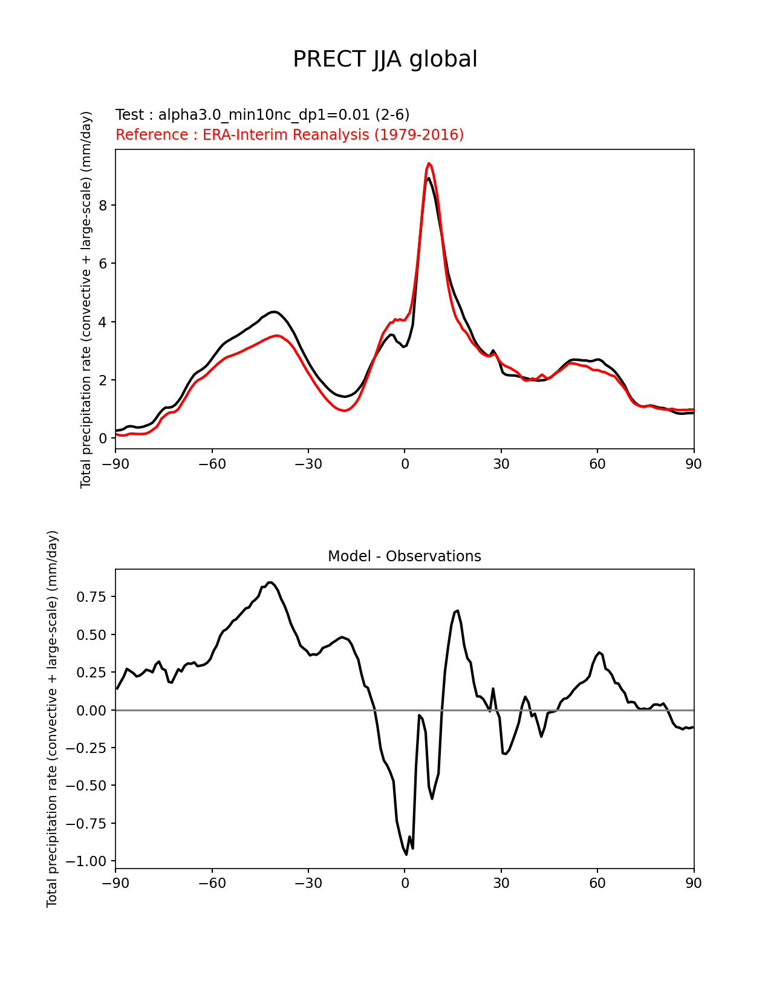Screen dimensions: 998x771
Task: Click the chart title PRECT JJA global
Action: coord(385,59)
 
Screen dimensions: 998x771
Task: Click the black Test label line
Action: coord(262,115)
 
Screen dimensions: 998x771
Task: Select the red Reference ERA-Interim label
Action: coord(290,135)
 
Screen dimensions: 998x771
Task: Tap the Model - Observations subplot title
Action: coord(404,556)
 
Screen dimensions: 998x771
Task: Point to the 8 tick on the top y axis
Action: coord(103,206)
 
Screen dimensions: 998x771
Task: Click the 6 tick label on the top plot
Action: coord(103,264)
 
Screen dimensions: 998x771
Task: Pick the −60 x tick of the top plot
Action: coord(212,464)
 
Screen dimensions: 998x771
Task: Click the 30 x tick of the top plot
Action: coord(501,464)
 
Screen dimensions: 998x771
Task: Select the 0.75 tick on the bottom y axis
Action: coord(91,597)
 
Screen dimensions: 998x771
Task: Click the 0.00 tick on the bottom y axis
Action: coord(91,710)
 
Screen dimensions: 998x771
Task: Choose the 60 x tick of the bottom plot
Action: coord(597,883)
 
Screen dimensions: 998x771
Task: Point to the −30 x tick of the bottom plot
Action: coord(308,883)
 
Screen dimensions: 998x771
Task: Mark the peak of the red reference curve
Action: coord(429,163)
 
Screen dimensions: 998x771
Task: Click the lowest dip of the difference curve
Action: coord(406,854)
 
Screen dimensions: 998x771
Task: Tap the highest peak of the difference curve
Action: coord(270,582)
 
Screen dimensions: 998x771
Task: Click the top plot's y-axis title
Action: coord(86,299)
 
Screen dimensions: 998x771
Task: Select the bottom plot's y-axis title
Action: coord(53,719)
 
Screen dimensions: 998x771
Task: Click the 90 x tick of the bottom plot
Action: coord(694,883)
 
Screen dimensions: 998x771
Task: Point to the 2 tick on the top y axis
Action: coord(103,380)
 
